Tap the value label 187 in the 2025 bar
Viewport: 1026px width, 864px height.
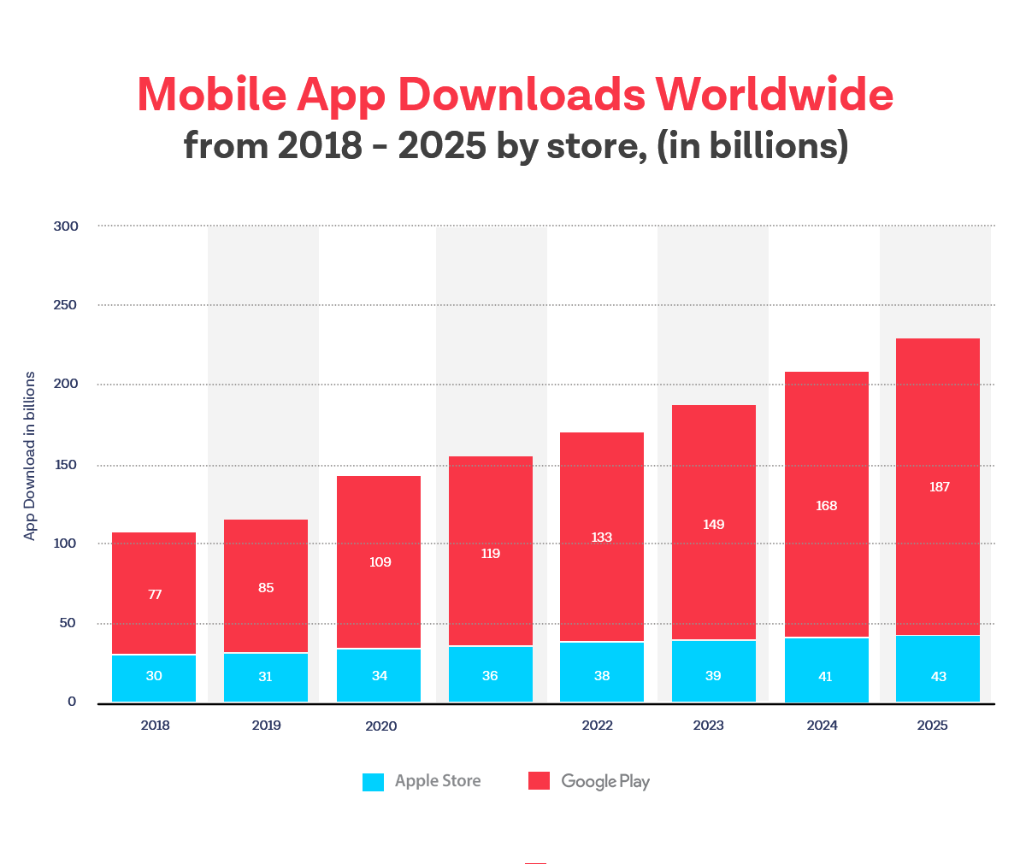(x=939, y=487)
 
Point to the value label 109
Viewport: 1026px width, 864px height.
(x=380, y=562)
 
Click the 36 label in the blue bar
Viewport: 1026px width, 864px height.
(x=490, y=676)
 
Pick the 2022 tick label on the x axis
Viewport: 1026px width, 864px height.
(x=597, y=726)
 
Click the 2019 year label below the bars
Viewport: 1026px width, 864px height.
(x=266, y=726)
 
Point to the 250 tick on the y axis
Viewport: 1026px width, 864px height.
(x=65, y=305)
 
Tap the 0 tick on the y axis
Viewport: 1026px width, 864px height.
(x=72, y=702)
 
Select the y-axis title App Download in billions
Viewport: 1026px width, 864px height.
(x=30, y=456)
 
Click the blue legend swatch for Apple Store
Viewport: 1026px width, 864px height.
(x=373, y=781)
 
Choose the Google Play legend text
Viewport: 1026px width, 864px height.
(x=605, y=781)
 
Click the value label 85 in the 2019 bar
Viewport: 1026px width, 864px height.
(x=266, y=588)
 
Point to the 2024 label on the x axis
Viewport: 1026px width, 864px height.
(x=822, y=726)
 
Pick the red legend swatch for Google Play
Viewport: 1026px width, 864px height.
(x=539, y=781)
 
